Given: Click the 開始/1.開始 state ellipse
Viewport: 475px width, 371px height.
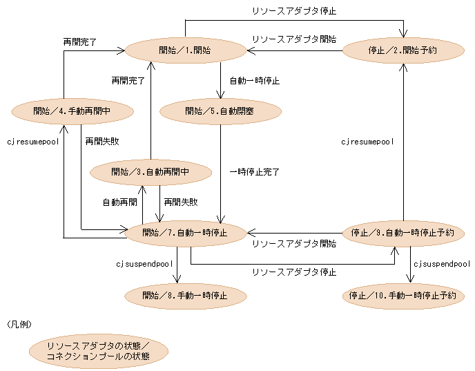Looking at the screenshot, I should pyautogui.click(x=186, y=50).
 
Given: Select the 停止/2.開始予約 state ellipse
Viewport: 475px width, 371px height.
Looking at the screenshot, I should pyautogui.click(x=403, y=50).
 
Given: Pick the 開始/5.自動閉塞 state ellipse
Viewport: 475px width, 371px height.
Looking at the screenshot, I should pyautogui.click(x=220, y=111).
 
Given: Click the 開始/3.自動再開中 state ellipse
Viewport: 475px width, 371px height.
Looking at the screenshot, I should pyautogui.click(x=151, y=171).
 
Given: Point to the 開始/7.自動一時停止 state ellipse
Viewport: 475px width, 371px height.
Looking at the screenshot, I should pyautogui.click(x=185, y=232).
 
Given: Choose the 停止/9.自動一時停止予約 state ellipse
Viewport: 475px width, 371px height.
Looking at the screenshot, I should pyautogui.click(x=403, y=232).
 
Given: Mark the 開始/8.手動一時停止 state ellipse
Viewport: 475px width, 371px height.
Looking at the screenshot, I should pyautogui.click(x=185, y=296).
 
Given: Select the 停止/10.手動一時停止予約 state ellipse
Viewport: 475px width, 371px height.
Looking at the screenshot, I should pyautogui.click(x=403, y=296).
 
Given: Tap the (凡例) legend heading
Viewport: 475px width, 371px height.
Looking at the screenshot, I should pyautogui.click(x=19, y=323).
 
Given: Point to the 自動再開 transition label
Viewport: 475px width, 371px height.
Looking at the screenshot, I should pyautogui.click(x=119, y=202).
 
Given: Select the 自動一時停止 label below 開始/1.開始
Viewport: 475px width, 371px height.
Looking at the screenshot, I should pyautogui.click(x=254, y=81).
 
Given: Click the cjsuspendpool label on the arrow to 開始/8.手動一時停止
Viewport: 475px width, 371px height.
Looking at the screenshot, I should pyautogui.click(x=144, y=264).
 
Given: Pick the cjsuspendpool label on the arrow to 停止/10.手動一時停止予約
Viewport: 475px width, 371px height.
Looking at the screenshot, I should pyautogui.click(x=442, y=264).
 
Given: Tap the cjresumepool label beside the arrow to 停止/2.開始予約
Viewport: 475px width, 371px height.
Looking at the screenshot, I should pyautogui.click(x=367, y=142).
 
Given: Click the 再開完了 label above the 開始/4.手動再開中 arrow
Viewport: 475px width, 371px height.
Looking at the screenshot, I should pyautogui.click(x=79, y=42).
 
